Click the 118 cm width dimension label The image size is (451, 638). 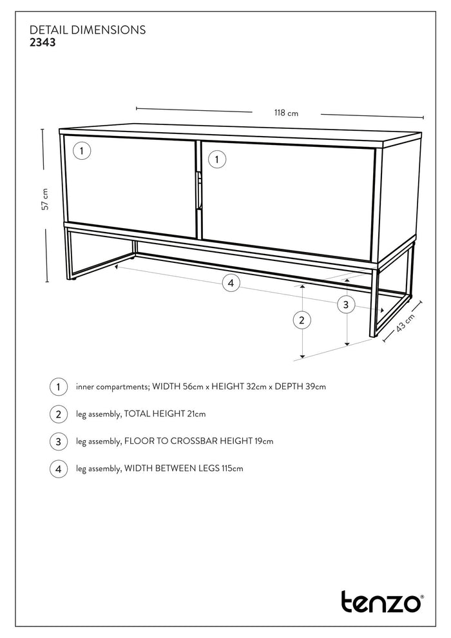click(x=286, y=113)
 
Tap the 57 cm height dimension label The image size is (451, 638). click(x=45, y=199)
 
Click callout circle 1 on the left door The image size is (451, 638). click(x=82, y=151)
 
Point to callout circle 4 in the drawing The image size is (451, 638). click(x=231, y=282)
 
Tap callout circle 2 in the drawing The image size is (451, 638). click(x=302, y=320)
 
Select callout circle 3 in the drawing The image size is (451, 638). click(x=346, y=304)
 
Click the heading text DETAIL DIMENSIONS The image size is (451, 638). click(x=88, y=30)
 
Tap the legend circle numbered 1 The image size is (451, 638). click(x=58, y=387)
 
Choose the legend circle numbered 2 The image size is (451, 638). click(x=58, y=414)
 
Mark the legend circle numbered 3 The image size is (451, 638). click(x=58, y=441)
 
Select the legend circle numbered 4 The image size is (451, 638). click(x=58, y=469)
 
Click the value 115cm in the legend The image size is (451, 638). click(x=231, y=469)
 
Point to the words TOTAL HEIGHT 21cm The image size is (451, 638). click(x=165, y=414)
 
